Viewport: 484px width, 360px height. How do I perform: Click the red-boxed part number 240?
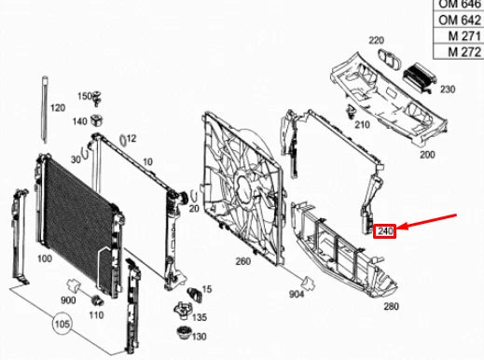385,229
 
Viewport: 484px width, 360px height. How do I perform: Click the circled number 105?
62,325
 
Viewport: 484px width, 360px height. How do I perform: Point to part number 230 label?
448,90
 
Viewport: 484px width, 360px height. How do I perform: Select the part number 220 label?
376,41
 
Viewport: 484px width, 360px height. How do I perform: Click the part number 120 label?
58,109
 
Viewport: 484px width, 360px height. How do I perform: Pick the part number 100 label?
43,258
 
